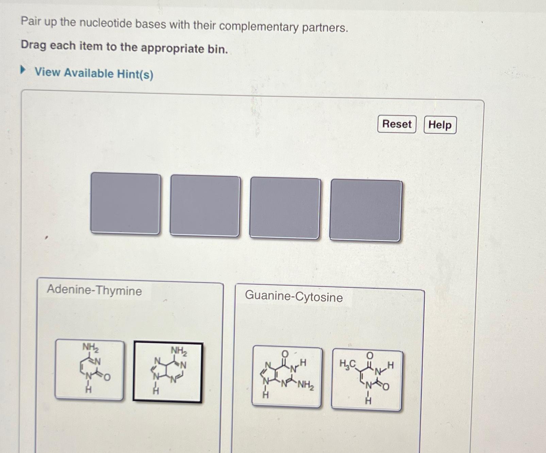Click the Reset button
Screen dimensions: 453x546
click(397, 124)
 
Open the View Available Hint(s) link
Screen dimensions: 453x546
click(94, 73)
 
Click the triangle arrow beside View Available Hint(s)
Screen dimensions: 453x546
click(23, 70)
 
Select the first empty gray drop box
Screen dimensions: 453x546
click(126, 203)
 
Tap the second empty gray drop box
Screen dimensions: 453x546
click(205, 206)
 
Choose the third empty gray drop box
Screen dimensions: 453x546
click(285, 208)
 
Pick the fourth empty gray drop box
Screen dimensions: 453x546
click(366, 210)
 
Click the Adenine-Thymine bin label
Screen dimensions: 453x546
click(94, 290)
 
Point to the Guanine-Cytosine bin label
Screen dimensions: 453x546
click(294, 296)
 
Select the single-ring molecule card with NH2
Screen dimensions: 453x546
click(89, 370)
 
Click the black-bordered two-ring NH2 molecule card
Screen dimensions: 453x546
click(168, 372)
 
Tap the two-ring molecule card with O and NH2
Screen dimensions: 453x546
click(286, 376)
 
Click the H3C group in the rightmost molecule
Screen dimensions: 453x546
click(347, 364)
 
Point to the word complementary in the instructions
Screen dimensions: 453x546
click(259, 26)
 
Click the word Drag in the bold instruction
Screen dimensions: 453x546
click(33, 45)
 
